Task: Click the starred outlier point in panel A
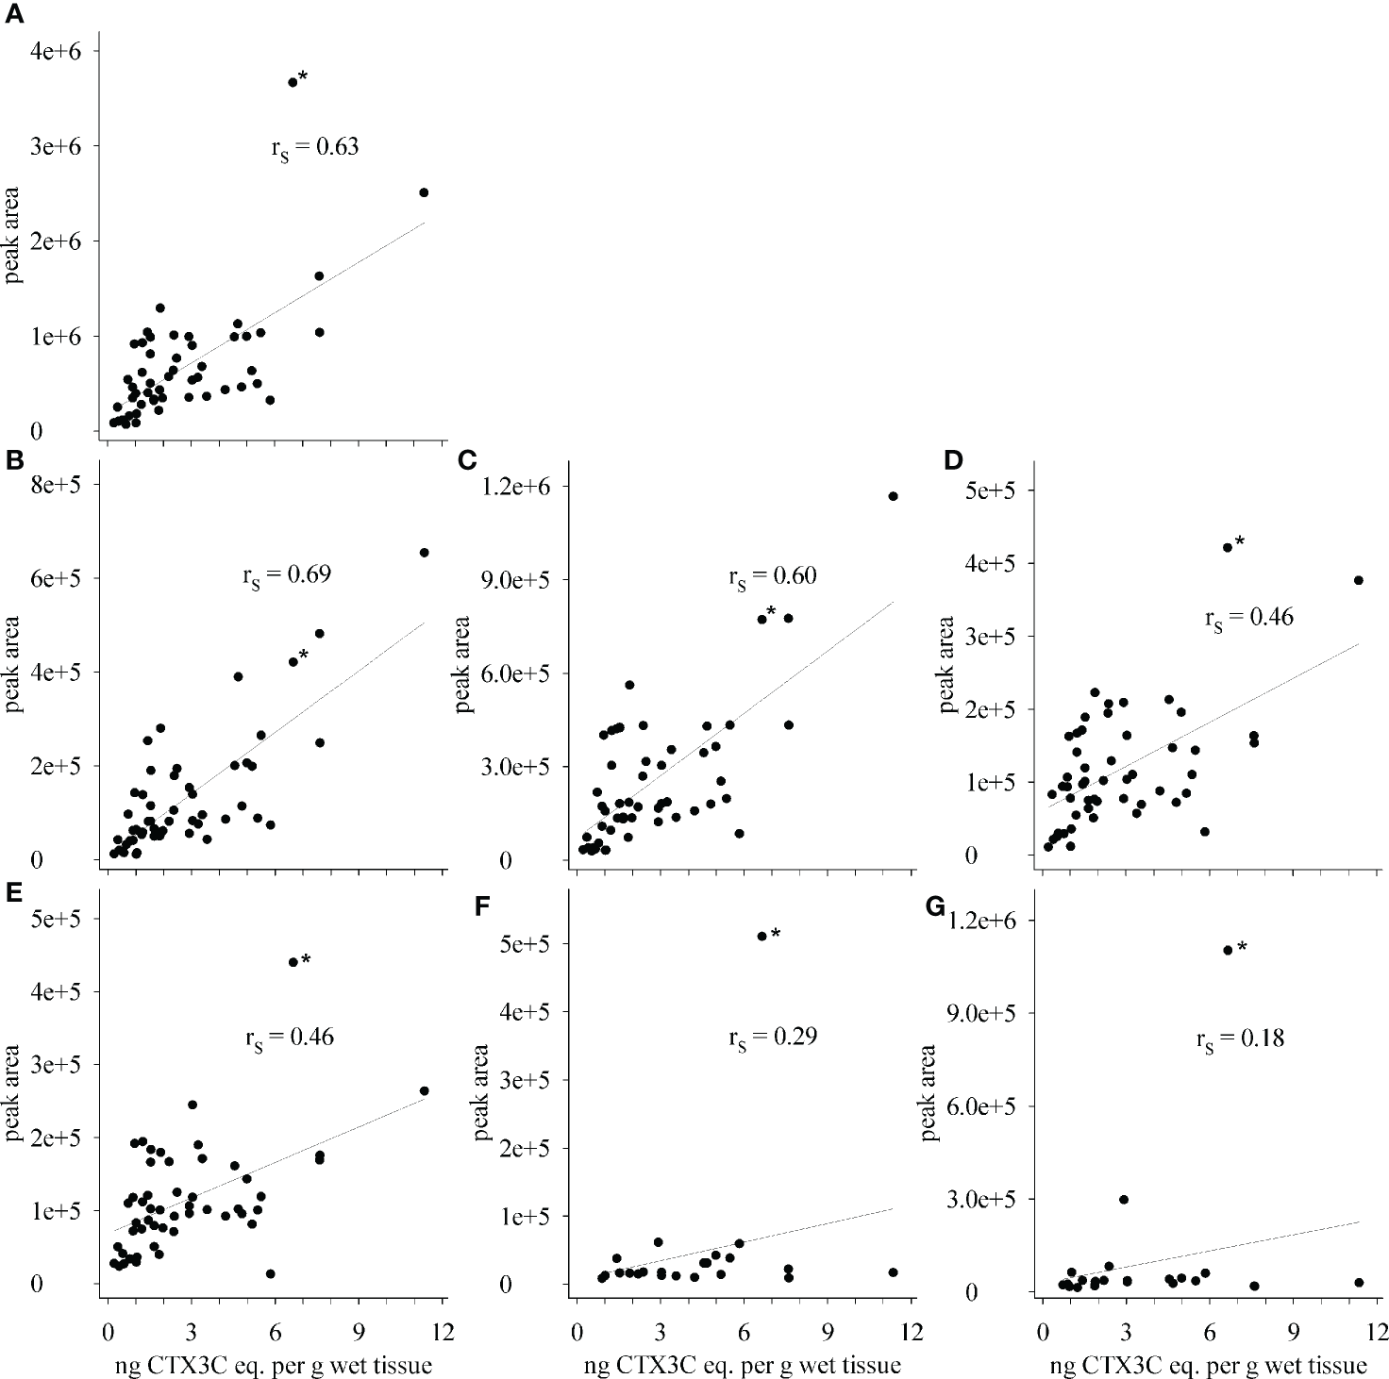click(293, 82)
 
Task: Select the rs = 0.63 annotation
click(314, 147)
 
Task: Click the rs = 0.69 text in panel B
click(287, 574)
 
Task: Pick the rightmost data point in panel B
click(424, 553)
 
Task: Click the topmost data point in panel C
click(893, 496)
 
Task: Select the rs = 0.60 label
click(772, 576)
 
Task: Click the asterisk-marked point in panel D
click(1228, 547)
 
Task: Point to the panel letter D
click(953, 460)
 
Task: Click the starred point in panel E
click(293, 962)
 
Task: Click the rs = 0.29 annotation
click(772, 1038)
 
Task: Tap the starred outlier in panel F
click(762, 936)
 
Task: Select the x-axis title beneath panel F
click(742, 1365)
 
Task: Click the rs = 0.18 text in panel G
click(1240, 1039)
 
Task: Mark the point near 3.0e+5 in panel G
click(1124, 1200)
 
